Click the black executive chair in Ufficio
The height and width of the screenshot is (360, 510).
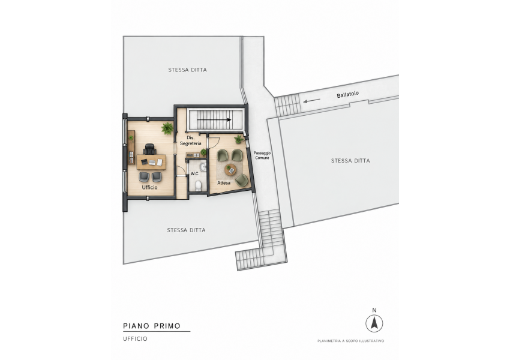[149, 149]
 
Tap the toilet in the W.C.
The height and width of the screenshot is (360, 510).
[198, 185]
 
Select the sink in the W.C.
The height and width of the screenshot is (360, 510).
[203, 167]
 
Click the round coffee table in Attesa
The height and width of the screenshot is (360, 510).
[230, 169]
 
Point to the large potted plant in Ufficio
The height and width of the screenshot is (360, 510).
[167, 128]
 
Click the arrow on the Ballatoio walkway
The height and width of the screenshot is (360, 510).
[312, 100]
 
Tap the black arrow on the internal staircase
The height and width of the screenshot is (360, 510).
[214, 119]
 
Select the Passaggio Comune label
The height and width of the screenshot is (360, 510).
[262, 155]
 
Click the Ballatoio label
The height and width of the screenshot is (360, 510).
[347, 94]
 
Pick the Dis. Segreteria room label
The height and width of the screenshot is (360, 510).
[191, 140]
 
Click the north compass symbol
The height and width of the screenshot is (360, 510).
[374, 323]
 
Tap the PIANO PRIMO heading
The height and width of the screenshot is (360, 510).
[152, 326]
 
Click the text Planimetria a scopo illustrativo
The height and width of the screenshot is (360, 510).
[350, 341]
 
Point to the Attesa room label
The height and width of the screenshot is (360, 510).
[224, 183]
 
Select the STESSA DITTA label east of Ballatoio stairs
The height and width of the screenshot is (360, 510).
[350, 161]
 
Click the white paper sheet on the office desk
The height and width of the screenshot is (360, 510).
[160, 161]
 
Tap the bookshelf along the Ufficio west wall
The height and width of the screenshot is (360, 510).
[131, 147]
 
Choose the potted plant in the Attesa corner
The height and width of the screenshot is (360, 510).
[239, 139]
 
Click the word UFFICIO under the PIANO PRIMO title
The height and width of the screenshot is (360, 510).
[136, 339]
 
